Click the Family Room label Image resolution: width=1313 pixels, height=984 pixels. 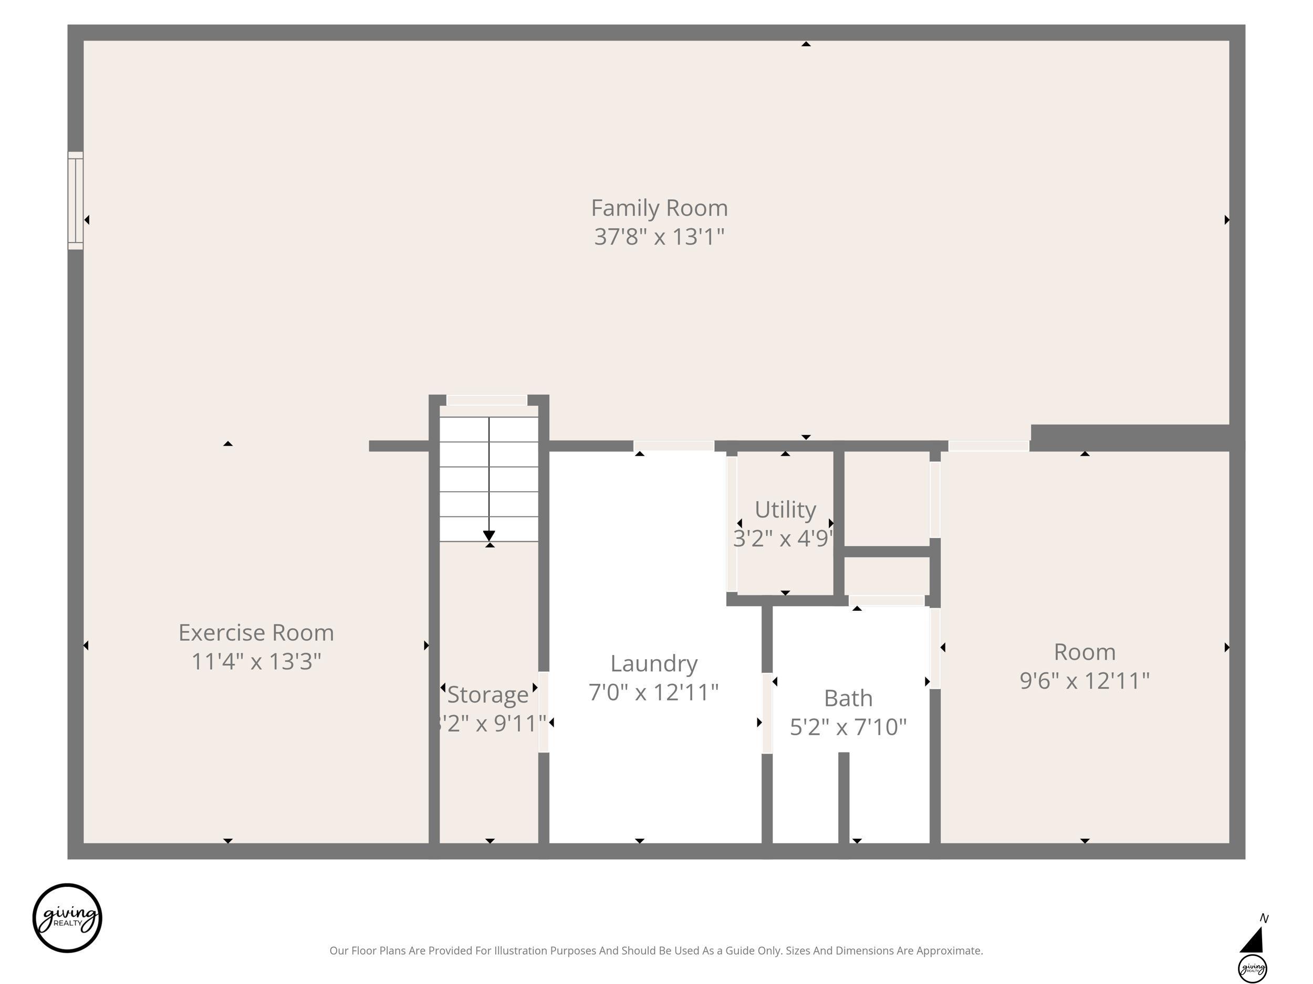[x=659, y=208]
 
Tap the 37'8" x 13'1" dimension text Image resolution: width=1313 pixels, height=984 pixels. [x=659, y=237]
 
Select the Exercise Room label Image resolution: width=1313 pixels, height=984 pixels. [x=256, y=633]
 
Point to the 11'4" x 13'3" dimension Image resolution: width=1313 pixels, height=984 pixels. [x=256, y=661]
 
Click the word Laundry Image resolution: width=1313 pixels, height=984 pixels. [x=653, y=664]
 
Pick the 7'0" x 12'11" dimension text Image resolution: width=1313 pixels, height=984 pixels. [x=653, y=692]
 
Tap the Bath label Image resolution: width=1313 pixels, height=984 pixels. [x=848, y=698]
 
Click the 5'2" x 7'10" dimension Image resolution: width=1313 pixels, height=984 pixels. [x=848, y=726]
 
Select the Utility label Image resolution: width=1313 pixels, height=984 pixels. [x=785, y=510]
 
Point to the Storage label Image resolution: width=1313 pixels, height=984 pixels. [x=487, y=694]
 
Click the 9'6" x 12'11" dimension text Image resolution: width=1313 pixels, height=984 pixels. [x=1085, y=680]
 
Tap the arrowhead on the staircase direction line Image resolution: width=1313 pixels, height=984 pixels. [x=489, y=536]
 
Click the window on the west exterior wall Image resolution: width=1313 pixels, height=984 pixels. [x=76, y=200]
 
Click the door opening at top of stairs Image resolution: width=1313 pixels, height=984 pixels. [x=487, y=400]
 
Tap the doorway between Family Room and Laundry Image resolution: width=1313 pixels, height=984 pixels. [x=674, y=446]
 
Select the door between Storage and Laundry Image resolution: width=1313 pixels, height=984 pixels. [x=544, y=712]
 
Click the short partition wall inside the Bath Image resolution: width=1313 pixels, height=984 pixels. [x=843, y=798]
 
